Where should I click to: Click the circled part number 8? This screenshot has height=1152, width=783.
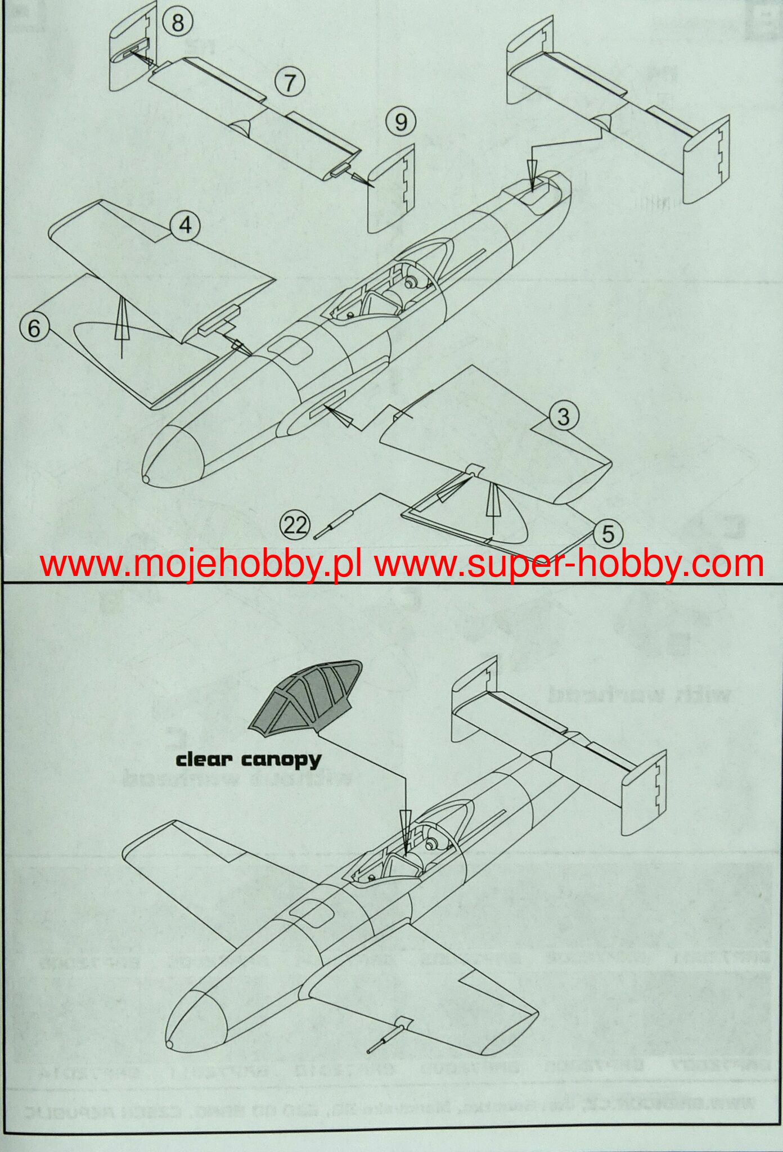click(x=178, y=23)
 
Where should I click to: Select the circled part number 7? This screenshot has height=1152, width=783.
click(x=289, y=82)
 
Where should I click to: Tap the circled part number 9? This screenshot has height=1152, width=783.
click(x=400, y=121)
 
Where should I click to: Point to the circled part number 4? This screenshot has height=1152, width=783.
click(x=185, y=226)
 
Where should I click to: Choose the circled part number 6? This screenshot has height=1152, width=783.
click(x=34, y=328)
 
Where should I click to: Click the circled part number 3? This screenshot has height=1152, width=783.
click(x=563, y=416)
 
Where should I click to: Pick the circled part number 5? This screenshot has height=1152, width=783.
click(x=608, y=533)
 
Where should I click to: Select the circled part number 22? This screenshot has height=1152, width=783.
click(x=296, y=525)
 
